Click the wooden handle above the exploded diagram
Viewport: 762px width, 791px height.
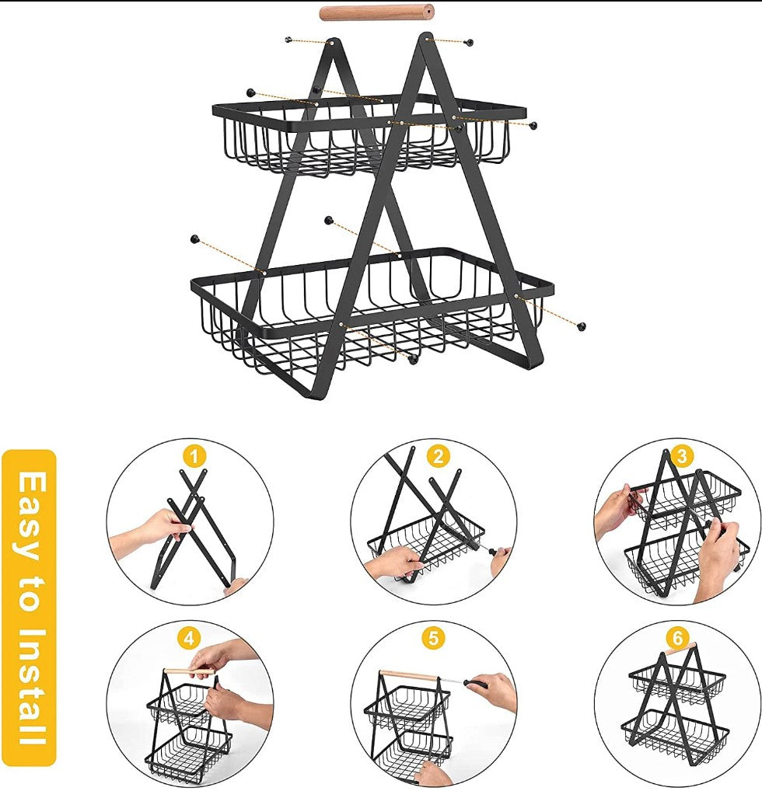[x=376, y=12]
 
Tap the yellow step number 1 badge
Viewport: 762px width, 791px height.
[x=194, y=458]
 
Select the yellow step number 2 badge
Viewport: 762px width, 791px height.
[x=438, y=457]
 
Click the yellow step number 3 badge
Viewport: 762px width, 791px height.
[x=682, y=457]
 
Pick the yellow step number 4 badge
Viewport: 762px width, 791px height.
[x=189, y=639]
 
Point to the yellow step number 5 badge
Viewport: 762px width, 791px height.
[x=433, y=638]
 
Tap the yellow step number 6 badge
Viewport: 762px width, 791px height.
[x=676, y=639]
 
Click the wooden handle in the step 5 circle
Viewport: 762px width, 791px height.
[x=408, y=675]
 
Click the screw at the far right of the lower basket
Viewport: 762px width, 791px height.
[x=582, y=326]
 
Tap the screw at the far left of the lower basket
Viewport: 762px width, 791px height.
[x=194, y=239]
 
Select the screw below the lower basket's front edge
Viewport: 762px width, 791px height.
[x=413, y=360]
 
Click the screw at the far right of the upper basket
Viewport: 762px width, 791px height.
[x=533, y=125]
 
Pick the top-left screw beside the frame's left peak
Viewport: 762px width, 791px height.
[x=288, y=40]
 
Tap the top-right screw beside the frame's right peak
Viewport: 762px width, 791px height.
[x=470, y=43]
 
